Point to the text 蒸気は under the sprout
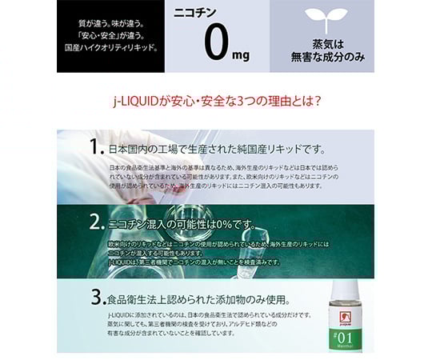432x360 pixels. (x=326, y=42)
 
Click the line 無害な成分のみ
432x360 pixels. (x=326, y=56)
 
